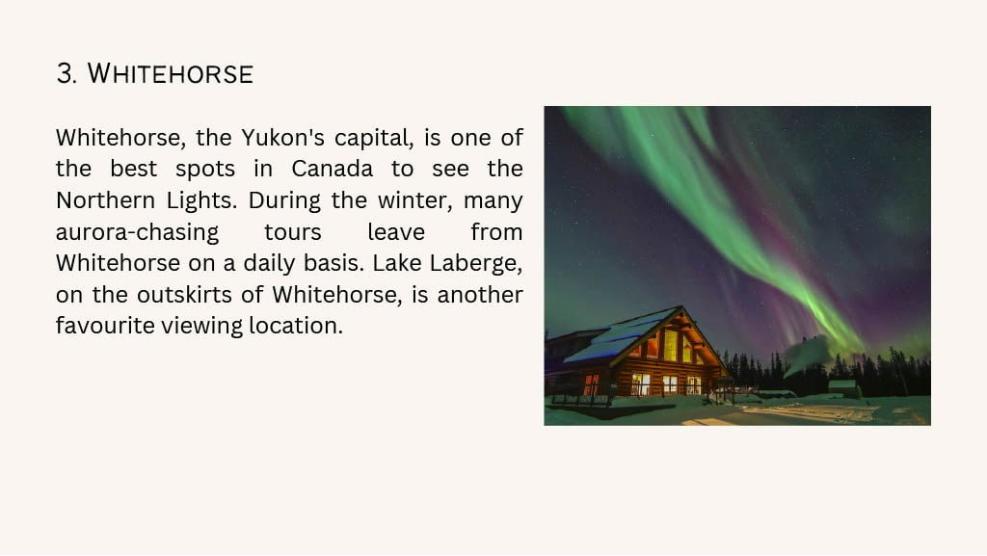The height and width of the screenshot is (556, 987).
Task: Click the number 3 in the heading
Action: [x=65, y=73]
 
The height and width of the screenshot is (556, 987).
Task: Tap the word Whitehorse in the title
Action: [x=170, y=73]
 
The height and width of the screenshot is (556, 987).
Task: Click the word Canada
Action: [x=332, y=169]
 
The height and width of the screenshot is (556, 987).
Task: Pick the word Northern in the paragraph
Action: [x=105, y=200]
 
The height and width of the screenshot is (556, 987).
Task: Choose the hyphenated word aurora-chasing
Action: [x=137, y=232]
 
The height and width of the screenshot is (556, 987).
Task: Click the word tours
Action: [x=293, y=232]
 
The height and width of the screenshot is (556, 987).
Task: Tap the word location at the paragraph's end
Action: [x=296, y=326]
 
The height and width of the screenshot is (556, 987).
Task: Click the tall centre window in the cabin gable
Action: [x=671, y=345]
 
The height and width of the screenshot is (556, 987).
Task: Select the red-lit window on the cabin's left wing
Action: [x=591, y=384]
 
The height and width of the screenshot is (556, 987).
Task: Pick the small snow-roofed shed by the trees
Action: [x=843, y=388]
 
